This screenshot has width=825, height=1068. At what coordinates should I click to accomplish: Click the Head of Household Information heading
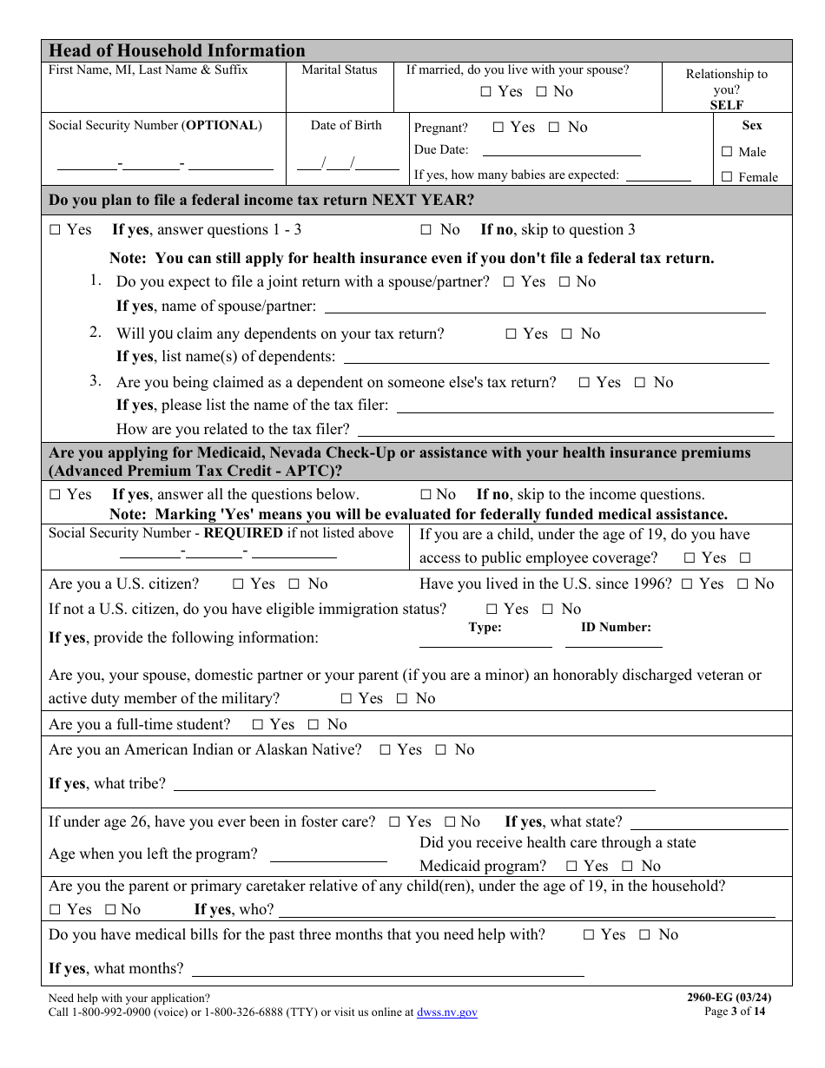(177, 50)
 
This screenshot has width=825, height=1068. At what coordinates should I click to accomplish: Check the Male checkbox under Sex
(727, 152)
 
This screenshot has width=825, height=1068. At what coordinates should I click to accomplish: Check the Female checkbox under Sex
(727, 177)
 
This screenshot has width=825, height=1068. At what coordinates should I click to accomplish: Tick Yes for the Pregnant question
(498, 128)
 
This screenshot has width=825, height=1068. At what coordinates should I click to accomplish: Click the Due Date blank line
(561, 150)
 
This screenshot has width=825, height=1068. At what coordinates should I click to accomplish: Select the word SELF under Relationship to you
(727, 105)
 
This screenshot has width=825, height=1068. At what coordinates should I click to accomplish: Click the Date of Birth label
(346, 125)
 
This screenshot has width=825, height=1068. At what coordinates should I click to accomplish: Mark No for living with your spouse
(541, 92)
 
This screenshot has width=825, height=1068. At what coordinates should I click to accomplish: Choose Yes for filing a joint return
(509, 282)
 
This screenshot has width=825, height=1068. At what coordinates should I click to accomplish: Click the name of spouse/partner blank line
(544, 307)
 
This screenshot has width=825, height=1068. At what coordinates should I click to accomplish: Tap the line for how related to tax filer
(565, 430)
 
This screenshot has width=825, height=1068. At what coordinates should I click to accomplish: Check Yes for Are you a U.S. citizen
(239, 584)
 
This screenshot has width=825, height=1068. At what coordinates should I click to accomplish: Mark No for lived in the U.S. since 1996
(742, 584)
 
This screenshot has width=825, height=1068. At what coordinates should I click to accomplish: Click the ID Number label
(616, 627)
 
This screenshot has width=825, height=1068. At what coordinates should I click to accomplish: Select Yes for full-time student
(258, 725)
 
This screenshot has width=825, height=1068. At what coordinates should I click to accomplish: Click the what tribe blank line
(414, 785)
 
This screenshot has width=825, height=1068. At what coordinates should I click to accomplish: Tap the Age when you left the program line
(328, 855)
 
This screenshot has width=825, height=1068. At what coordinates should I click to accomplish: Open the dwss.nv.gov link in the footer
(446, 1012)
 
